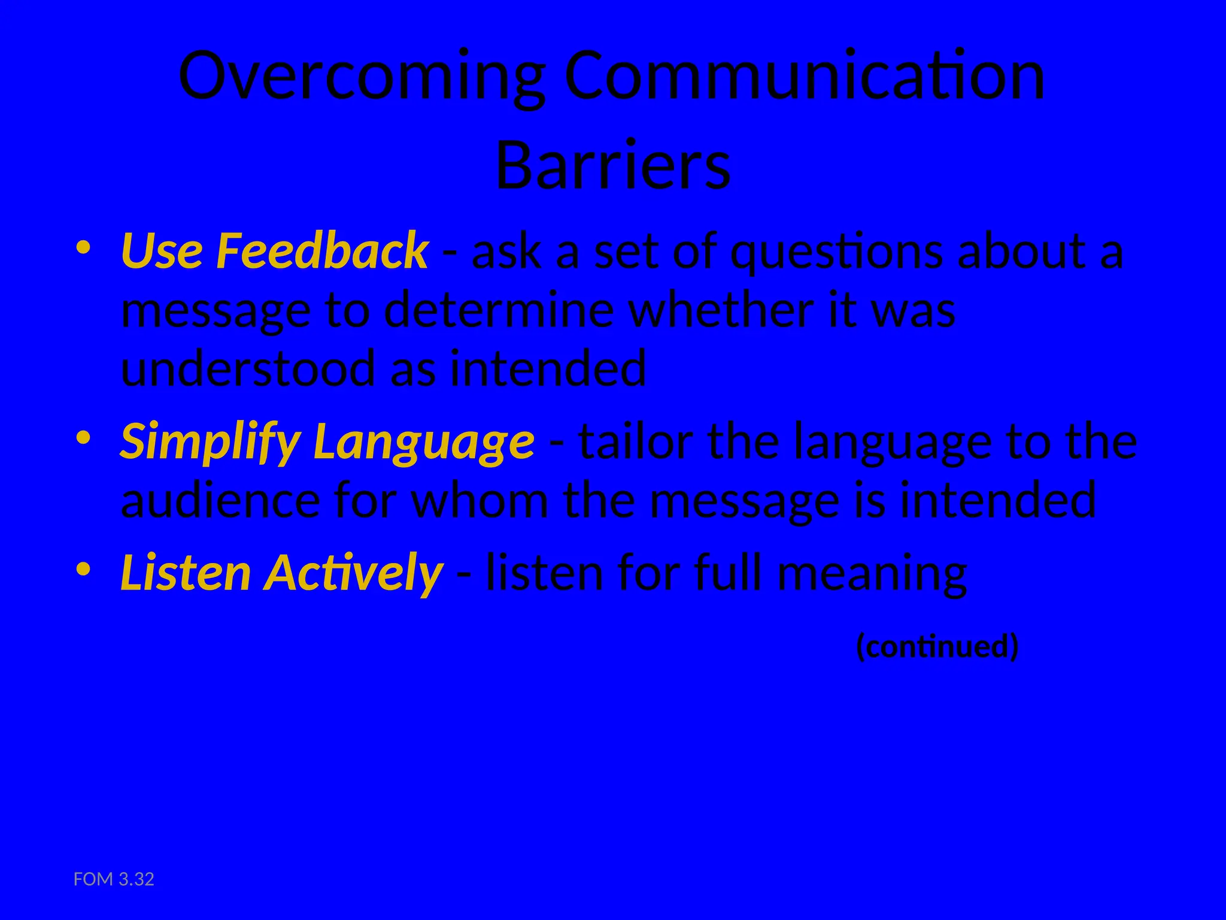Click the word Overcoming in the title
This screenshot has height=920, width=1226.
[x=362, y=77]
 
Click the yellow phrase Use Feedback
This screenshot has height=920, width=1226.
[x=274, y=250]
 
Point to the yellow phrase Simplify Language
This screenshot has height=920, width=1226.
[x=327, y=442]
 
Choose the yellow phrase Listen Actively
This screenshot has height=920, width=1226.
[x=281, y=573]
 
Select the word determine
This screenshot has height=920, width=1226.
[x=499, y=310]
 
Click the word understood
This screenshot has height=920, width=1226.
[x=248, y=369]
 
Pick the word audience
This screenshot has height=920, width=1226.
[x=220, y=501]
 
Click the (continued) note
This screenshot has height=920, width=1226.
[x=937, y=646]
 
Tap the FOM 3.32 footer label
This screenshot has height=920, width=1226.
[x=114, y=879]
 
